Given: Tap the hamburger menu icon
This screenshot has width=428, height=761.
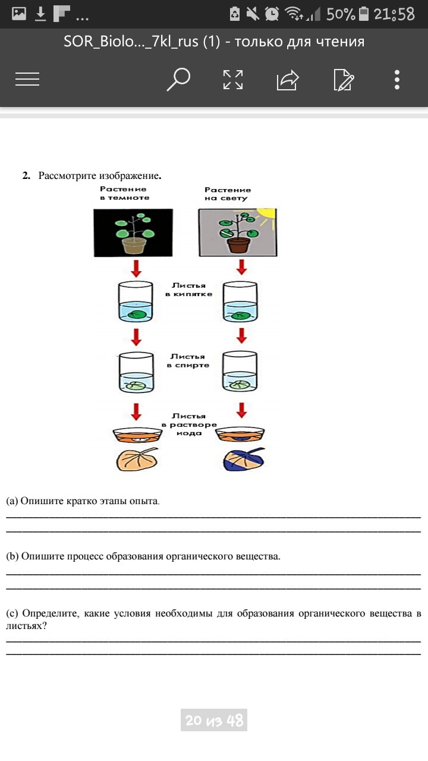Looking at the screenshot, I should (x=27, y=80).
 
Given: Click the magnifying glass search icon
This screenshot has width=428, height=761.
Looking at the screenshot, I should (x=178, y=79).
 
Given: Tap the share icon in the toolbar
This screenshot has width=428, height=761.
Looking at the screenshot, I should (x=287, y=80).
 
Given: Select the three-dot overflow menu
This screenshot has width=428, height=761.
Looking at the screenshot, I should (x=397, y=80).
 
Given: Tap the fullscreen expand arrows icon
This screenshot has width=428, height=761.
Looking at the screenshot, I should (x=232, y=80).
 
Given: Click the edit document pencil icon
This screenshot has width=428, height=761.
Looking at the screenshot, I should (x=344, y=80).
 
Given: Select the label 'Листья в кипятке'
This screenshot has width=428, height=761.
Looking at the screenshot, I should (x=188, y=290).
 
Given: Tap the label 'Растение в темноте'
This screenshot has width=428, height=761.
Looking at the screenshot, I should (x=124, y=193).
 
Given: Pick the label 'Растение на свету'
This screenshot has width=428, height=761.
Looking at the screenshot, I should (x=228, y=194).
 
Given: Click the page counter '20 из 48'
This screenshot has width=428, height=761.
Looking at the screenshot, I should (x=214, y=721).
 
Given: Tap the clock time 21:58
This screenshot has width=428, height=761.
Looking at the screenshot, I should (x=394, y=14).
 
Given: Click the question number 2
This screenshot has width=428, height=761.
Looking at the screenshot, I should (x=26, y=176).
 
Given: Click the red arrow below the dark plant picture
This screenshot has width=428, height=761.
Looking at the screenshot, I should (x=136, y=268).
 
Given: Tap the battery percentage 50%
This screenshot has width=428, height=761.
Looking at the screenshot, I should (x=340, y=14).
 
